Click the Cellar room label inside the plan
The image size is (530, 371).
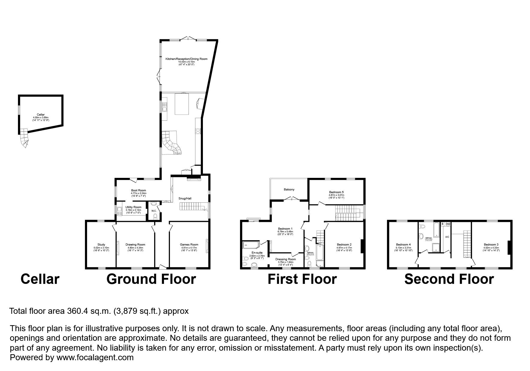41,115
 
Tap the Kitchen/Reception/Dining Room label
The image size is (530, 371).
186,59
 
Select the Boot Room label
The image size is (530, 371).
139,190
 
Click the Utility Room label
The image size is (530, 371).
133,207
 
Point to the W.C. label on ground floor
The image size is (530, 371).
154,211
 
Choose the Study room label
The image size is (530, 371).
101,245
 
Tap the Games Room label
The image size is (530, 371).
189,245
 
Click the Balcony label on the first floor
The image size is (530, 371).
289,190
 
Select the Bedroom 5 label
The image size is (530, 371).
336,192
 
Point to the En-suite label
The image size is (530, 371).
257,253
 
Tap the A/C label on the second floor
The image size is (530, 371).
447,237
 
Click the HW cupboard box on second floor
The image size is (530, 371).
448,224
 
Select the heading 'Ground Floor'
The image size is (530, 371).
151,279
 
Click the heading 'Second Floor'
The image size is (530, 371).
449,279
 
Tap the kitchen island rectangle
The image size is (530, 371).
182,104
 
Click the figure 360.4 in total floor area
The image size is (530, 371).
77,311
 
